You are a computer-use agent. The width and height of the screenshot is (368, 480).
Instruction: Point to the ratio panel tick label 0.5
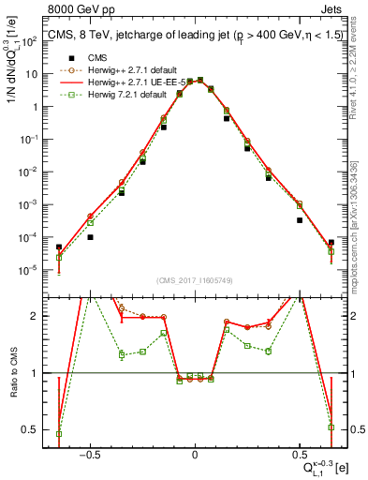(x=31, y=429)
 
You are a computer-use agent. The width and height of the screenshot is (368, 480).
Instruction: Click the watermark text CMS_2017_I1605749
(x=195, y=281)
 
